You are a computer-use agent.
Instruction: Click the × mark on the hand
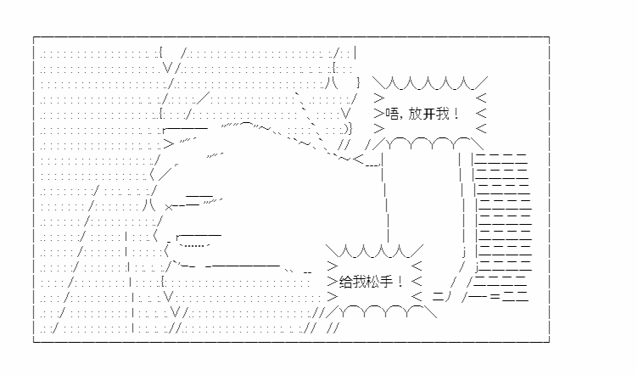click(170, 205)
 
